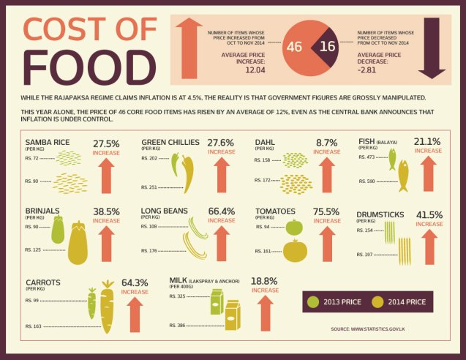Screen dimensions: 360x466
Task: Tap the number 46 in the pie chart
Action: [x=294, y=47]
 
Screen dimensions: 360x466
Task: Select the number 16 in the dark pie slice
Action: [x=328, y=47]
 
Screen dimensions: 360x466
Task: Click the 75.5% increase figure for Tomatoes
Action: [x=327, y=211]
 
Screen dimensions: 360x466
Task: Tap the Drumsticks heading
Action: [x=380, y=214]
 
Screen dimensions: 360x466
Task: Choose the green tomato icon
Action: [x=294, y=227]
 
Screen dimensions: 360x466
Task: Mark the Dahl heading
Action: [x=265, y=142]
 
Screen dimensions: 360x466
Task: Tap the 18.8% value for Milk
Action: [x=264, y=281]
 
